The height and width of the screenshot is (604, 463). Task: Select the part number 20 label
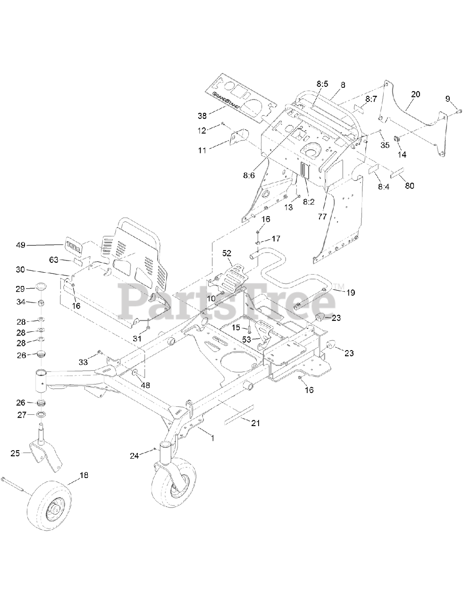click(x=415, y=94)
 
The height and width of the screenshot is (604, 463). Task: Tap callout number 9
click(x=447, y=99)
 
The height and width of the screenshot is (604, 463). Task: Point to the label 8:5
click(x=322, y=84)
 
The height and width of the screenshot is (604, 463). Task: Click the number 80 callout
click(x=409, y=185)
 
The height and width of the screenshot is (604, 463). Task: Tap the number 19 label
click(x=350, y=293)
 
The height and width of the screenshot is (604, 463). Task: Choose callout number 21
click(x=255, y=423)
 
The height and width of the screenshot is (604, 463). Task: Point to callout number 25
click(x=16, y=453)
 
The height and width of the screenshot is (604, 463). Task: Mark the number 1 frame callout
click(x=212, y=438)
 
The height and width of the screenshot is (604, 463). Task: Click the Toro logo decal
click(x=72, y=245)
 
